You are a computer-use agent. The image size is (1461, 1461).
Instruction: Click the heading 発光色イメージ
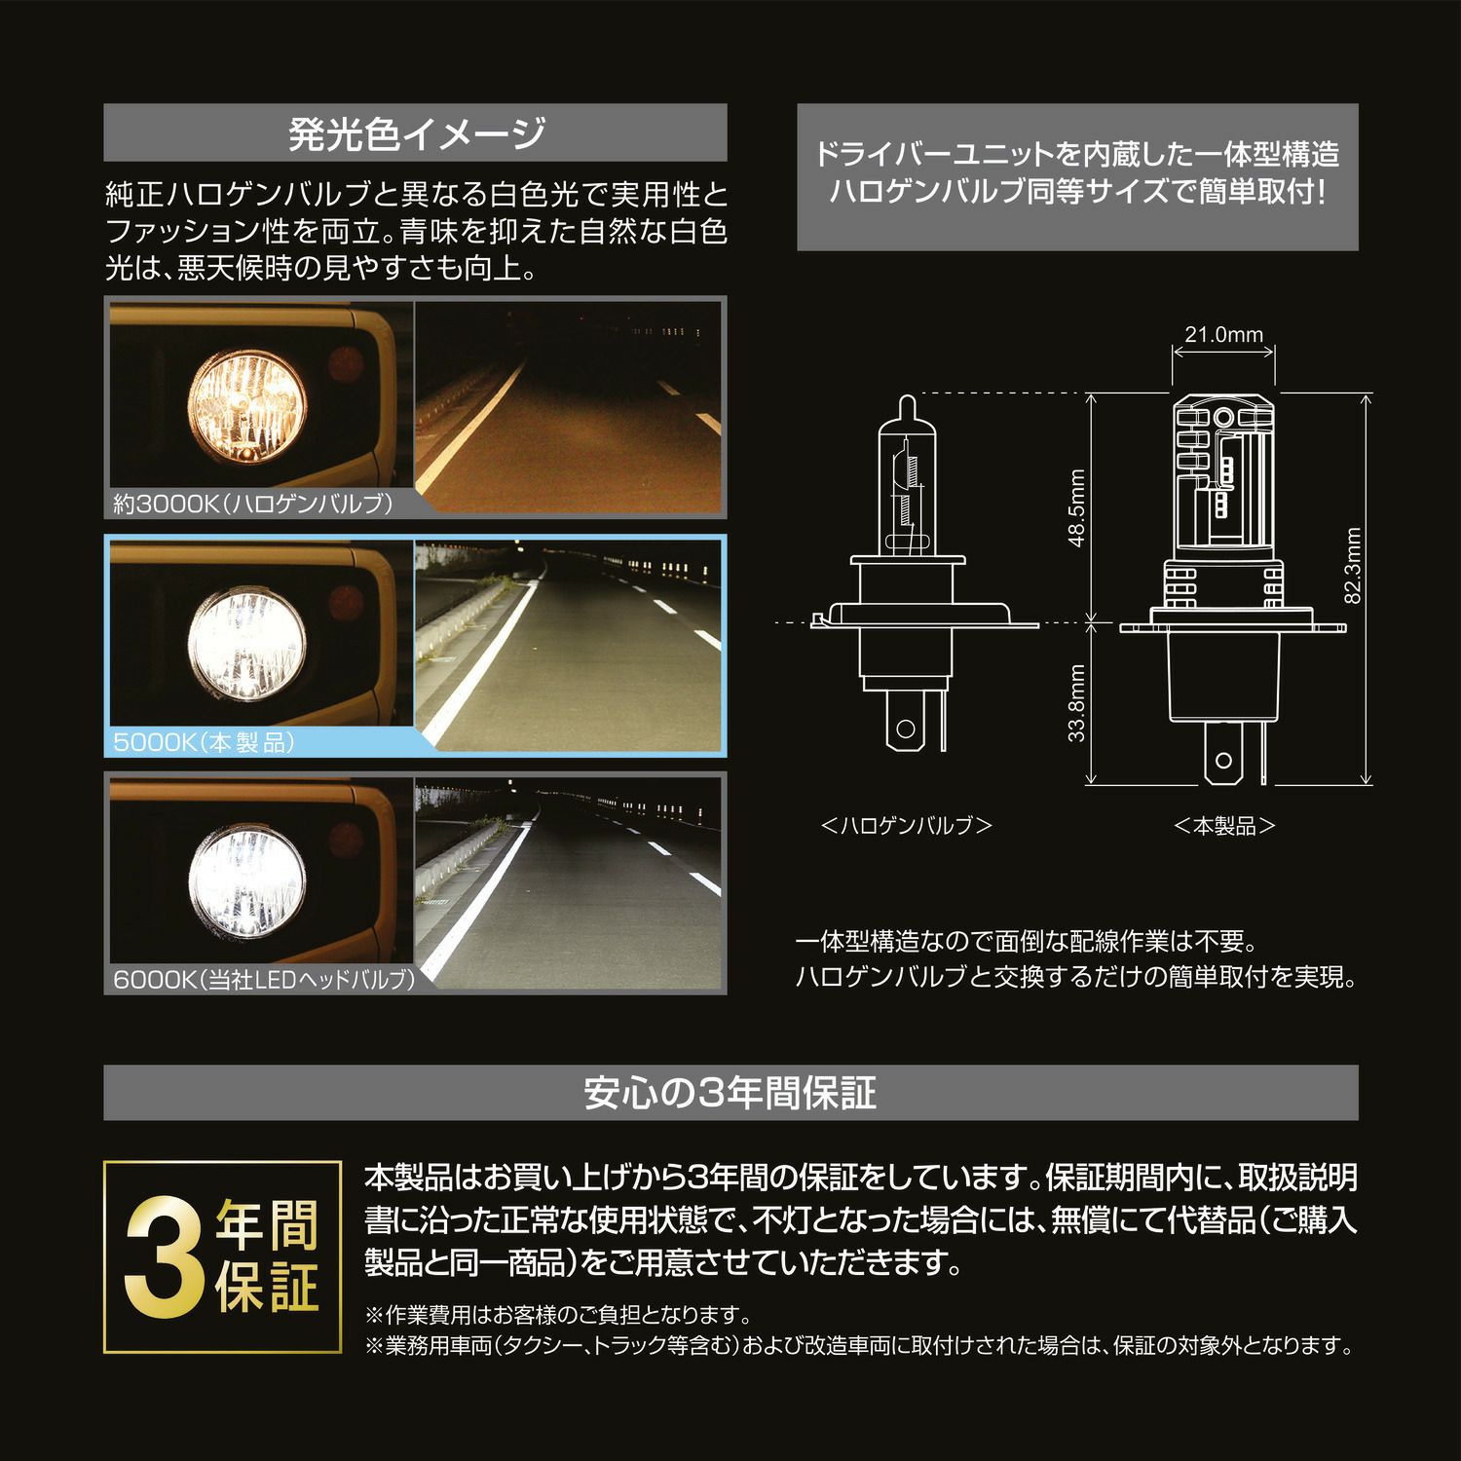point(416,132)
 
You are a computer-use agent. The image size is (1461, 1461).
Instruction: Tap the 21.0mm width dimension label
point(1223,335)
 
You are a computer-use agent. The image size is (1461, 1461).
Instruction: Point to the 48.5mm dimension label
point(1076,508)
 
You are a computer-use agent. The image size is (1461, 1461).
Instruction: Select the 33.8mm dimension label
point(1076,703)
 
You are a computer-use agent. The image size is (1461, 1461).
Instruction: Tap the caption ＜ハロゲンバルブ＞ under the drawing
point(907,826)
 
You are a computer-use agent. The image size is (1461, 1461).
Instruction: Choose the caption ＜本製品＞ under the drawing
point(1224,826)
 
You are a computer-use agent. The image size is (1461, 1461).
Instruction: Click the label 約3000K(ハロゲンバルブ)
point(252,504)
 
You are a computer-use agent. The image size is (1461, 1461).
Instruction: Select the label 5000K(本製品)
point(204,742)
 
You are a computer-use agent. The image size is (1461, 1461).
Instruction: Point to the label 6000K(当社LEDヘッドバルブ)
point(264,979)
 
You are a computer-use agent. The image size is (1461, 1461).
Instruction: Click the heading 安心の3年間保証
point(730,1093)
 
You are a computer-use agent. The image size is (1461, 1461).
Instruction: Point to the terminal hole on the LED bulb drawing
point(1223,761)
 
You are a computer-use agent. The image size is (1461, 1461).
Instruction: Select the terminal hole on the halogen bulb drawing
point(906,728)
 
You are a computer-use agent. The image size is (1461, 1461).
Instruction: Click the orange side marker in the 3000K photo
point(345,363)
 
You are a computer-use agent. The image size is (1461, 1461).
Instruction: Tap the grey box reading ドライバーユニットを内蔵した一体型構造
point(1077,177)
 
